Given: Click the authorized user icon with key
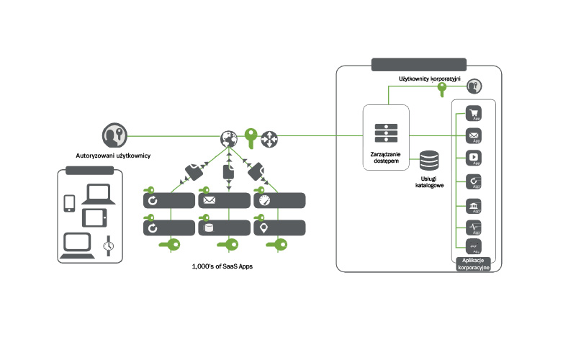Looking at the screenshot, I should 114,135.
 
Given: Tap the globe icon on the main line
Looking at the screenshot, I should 230,136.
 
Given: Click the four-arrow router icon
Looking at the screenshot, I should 270,136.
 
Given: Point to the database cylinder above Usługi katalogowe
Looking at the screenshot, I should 430,160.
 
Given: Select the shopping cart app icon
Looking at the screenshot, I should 474,113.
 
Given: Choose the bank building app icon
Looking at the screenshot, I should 474,206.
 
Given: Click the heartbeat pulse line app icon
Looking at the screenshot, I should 474,229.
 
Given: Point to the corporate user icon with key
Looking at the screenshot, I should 474,86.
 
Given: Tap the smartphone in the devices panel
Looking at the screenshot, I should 71,203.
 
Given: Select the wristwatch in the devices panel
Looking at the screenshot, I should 108,245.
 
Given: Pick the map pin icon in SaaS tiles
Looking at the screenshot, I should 264,228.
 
